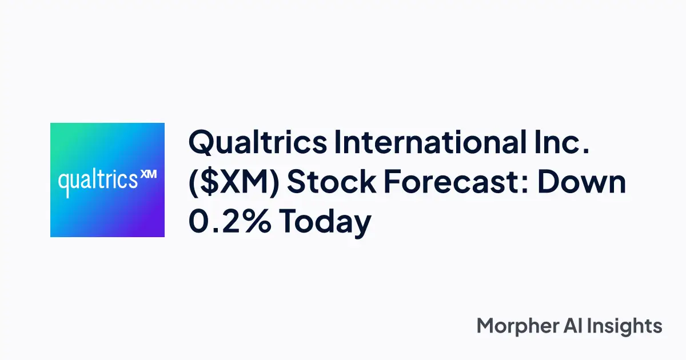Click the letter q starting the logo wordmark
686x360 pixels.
coord(64,185)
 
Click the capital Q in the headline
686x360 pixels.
coord(201,143)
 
